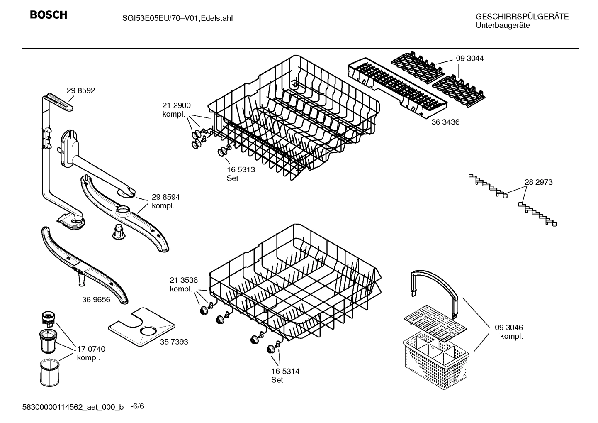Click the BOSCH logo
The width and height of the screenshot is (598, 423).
click(x=48, y=15)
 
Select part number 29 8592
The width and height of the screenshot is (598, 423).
click(x=80, y=90)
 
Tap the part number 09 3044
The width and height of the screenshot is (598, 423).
click(x=469, y=59)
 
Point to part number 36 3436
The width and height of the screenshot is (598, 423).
click(x=445, y=122)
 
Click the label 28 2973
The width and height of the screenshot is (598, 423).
click(x=538, y=182)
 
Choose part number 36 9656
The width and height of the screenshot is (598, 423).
click(x=96, y=299)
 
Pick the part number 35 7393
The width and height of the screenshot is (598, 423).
click(x=174, y=342)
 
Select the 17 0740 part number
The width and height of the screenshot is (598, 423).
click(x=91, y=349)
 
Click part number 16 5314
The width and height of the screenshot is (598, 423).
click(x=285, y=371)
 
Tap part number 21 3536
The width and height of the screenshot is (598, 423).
click(x=183, y=280)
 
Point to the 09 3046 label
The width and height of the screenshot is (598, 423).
click(x=508, y=328)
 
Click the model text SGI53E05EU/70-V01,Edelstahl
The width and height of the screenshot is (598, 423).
click(x=177, y=18)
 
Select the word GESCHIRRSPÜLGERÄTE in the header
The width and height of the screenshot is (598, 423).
click(x=522, y=17)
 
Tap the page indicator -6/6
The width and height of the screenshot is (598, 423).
click(x=137, y=406)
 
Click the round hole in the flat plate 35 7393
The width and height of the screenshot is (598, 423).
click(x=148, y=330)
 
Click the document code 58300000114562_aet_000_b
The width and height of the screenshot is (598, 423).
click(x=73, y=407)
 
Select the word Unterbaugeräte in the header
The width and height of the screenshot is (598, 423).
click(x=502, y=26)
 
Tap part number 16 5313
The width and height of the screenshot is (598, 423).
click(x=241, y=169)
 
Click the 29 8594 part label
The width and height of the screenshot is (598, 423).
click(x=165, y=197)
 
